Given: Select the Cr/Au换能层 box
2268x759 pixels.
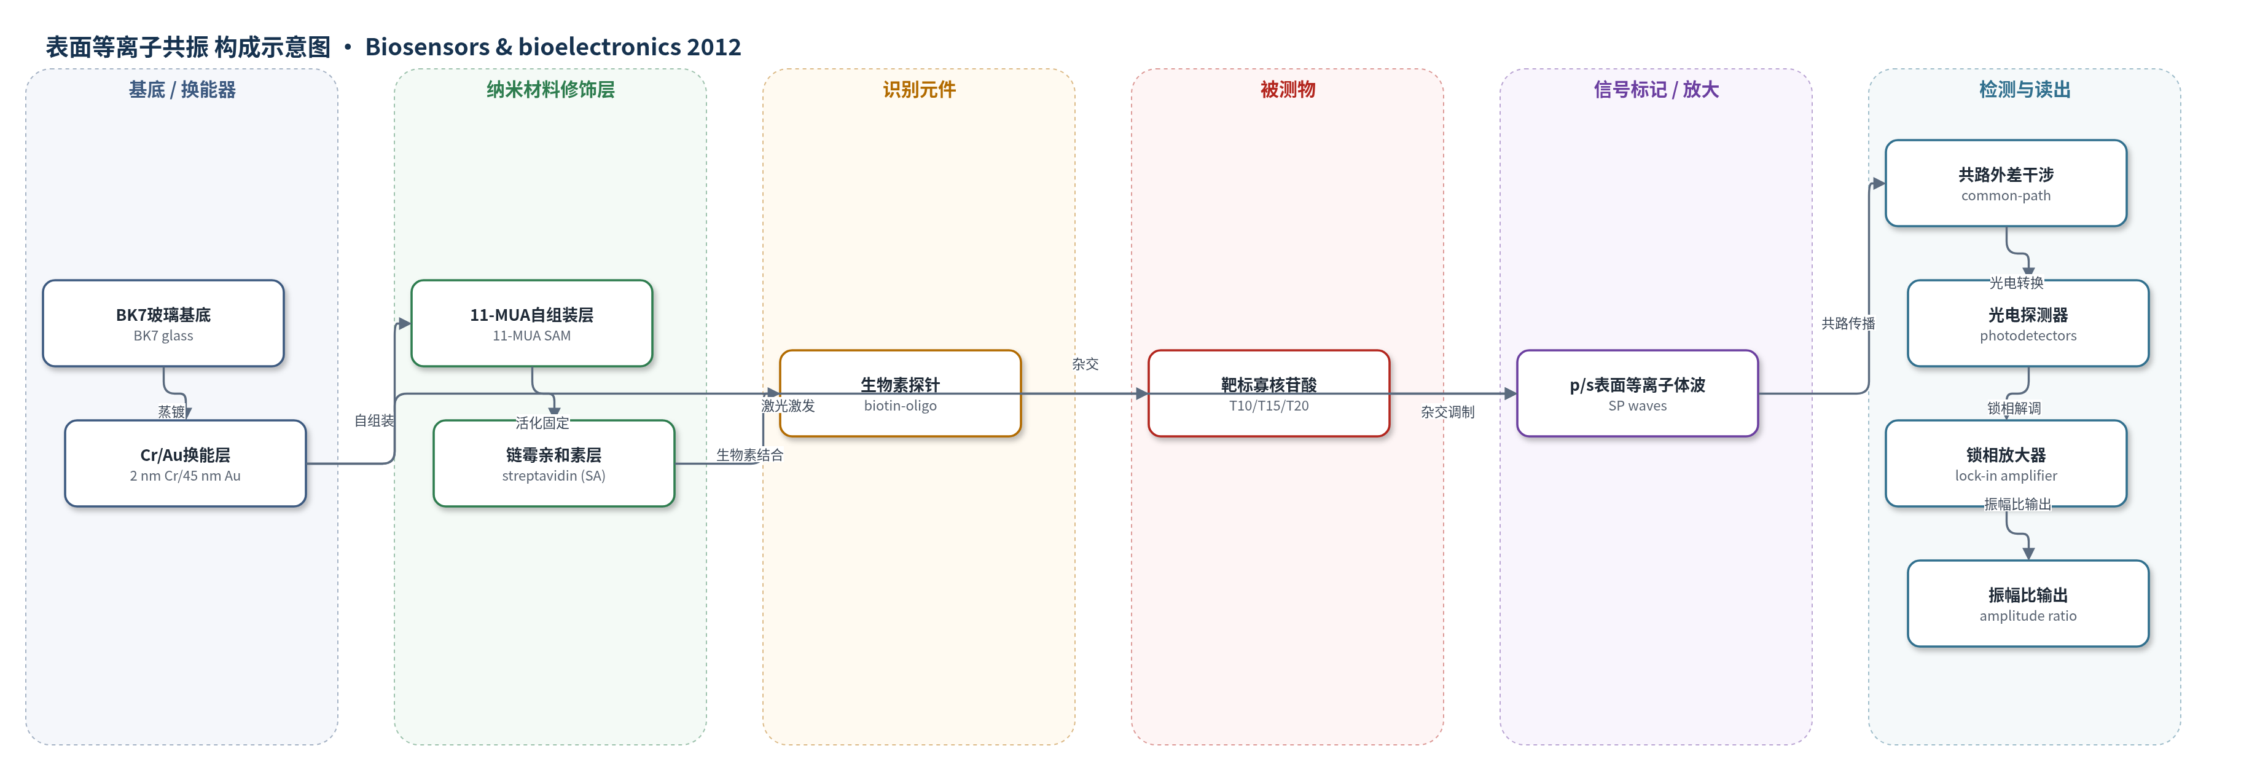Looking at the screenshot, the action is pyautogui.click(x=185, y=463).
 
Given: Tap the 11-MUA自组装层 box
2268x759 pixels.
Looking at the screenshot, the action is pyautogui.click(x=532, y=323).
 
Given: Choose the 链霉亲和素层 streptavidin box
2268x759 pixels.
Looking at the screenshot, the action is pyautogui.click(x=554, y=463).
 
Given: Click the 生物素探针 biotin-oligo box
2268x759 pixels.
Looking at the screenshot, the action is pyautogui.click(x=900, y=393).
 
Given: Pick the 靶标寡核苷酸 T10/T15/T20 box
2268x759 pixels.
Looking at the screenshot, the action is pyautogui.click(x=1269, y=393).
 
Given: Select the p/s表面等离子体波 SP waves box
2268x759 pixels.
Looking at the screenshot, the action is pyautogui.click(x=1638, y=393).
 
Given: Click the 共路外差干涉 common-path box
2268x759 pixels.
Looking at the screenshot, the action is pyautogui.click(x=2006, y=183).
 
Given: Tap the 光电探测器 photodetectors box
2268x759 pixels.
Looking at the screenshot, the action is pyautogui.click(x=2028, y=323).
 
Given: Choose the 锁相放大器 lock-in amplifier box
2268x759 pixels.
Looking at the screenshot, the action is pyautogui.click(x=2006, y=463).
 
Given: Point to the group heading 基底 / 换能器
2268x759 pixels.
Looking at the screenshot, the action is pyautogui.click(x=182, y=90).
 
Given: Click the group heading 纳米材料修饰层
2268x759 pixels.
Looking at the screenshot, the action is pyautogui.click(x=550, y=90).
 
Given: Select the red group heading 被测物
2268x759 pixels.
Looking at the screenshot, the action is pyautogui.click(x=1287, y=90).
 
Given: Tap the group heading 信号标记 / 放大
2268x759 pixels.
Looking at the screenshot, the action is pyautogui.click(x=1656, y=90).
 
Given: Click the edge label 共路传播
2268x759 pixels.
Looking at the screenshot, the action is pyautogui.click(x=1848, y=323).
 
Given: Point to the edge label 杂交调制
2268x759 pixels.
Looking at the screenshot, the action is pyautogui.click(x=1447, y=412).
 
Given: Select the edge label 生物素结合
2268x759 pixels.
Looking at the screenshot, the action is pyautogui.click(x=749, y=455).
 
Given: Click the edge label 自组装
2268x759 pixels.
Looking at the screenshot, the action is pyautogui.click(x=374, y=421).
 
